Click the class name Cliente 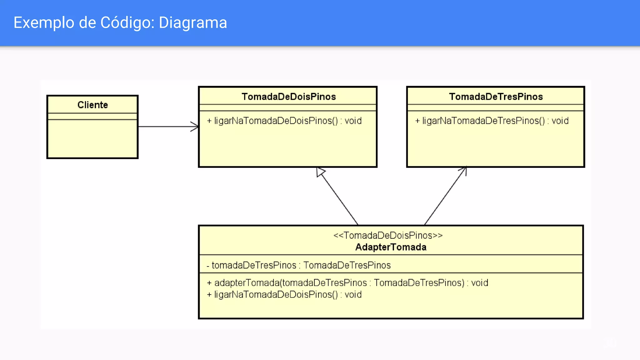pyautogui.click(x=92, y=105)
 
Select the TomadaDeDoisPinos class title pyautogui.click(x=288, y=97)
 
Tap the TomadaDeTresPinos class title pyautogui.click(x=496, y=97)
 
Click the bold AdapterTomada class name pyautogui.click(x=391, y=247)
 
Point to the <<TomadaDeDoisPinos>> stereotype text pyautogui.click(x=388, y=235)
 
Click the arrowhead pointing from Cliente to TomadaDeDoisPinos pyautogui.click(x=195, y=127)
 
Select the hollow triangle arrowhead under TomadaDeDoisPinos pyautogui.click(x=320, y=172)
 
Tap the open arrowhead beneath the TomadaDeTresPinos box pyautogui.click(x=464, y=170)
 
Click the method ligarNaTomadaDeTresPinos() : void pyautogui.click(x=492, y=121)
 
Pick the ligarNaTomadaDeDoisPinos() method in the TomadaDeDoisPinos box pyautogui.click(x=284, y=121)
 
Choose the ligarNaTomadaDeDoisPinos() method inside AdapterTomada pyautogui.click(x=284, y=295)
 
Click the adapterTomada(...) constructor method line pyautogui.click(x=347, y=283)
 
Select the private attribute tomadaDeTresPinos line pyautogui.click(x=298, y=265)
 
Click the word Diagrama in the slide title pyautogui.click(x=193, y=23)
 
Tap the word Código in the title pyautogui.click(x=127, y=23)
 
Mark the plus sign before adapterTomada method pyautogui.click(x=209, y=283)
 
